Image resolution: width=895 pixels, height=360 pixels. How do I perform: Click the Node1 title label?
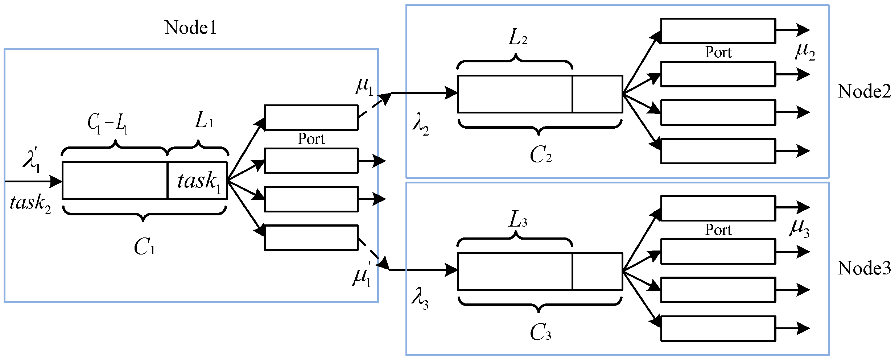[x=191, y=28]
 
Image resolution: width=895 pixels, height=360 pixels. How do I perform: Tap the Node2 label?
[x=864, y=91]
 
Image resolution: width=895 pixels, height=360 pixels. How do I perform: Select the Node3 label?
[x=864, y=269]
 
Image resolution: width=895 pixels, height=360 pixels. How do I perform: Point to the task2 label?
[x=30, y=203]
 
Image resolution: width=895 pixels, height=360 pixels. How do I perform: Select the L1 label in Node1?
[x=204, y=121]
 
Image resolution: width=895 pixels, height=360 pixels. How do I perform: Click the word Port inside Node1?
[x=311, y=139]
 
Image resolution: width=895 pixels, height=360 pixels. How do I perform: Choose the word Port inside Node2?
[x=718, y=53]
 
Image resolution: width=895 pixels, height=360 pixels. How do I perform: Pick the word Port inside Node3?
[x=718, y=230]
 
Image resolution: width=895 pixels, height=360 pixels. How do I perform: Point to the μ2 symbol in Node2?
[x=805, y=51]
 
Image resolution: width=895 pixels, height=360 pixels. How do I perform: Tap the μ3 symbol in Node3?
[x=800, y=229]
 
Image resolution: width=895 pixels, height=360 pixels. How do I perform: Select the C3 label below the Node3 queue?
[x=540, y=332]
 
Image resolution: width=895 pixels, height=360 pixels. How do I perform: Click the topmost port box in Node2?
[x=718, y=31]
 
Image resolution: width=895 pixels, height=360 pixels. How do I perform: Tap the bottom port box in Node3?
[x=718, y=328]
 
